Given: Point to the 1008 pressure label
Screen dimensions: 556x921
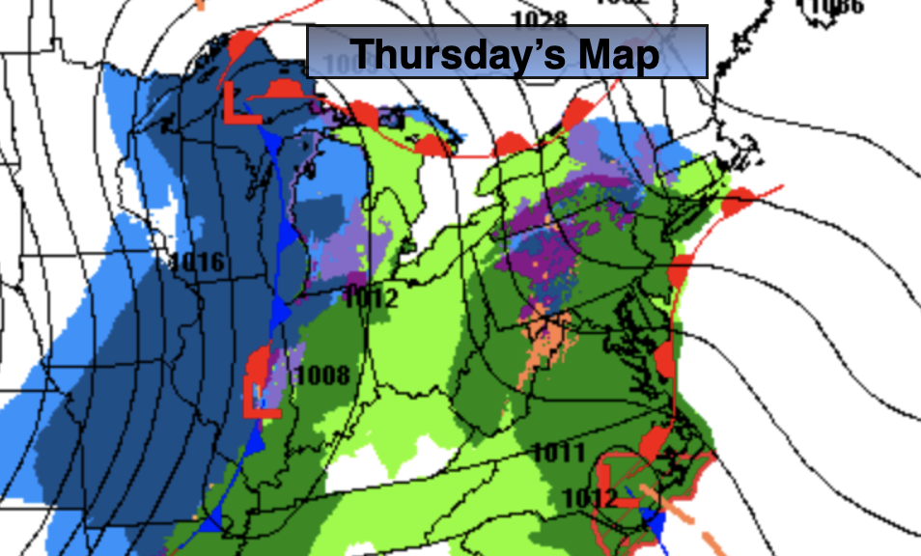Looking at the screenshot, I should tap(322, 375).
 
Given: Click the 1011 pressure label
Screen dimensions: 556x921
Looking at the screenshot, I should tap(558, 453).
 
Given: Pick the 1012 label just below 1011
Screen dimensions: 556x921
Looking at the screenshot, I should tap(588, 498).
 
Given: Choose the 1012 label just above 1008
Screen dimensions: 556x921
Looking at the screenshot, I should tap(371, 297).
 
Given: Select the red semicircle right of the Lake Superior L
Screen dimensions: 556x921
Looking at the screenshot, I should tap(282, 90).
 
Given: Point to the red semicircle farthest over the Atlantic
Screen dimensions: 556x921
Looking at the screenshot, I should tap(740, 203).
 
